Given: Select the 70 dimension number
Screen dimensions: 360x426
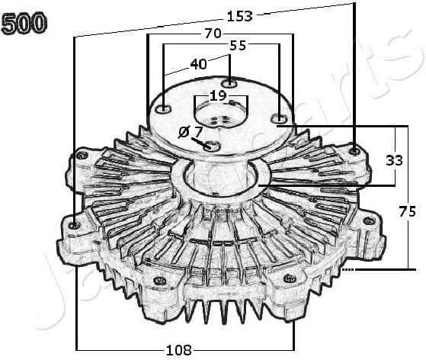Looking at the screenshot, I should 213,33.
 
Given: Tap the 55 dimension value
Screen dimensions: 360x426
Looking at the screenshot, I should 237,46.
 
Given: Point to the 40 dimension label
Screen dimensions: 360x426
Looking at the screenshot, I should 197,64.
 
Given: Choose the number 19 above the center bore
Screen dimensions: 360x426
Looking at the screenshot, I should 217,95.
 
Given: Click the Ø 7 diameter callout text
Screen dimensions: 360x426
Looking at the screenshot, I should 190,131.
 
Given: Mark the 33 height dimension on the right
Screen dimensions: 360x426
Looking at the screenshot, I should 394,160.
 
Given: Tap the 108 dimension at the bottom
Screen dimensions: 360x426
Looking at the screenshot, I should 179,350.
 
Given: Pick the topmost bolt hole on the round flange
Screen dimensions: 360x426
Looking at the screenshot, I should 229,82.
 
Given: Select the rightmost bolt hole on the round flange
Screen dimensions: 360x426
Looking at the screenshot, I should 280,118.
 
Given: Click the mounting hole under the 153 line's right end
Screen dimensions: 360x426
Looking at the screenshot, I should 354,151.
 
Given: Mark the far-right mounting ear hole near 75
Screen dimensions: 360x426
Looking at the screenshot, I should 369,220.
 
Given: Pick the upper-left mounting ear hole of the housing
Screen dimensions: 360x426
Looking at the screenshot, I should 81,156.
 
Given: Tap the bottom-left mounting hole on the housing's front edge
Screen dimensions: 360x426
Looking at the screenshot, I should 160,281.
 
